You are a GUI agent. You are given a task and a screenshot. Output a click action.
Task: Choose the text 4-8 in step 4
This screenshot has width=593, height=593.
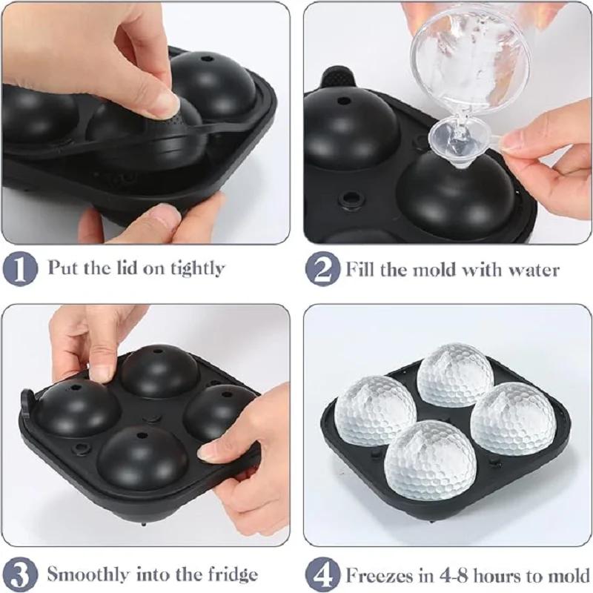point(446,573)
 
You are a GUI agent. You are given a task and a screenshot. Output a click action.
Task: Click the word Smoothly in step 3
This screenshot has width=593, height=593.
point(90,573)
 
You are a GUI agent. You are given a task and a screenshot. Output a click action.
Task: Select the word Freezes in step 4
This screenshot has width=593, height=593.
point(378,573)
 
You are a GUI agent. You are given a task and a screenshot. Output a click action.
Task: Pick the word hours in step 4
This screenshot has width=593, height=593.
point(497,573)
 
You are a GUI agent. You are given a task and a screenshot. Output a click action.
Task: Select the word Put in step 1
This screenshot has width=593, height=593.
point(62,268)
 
